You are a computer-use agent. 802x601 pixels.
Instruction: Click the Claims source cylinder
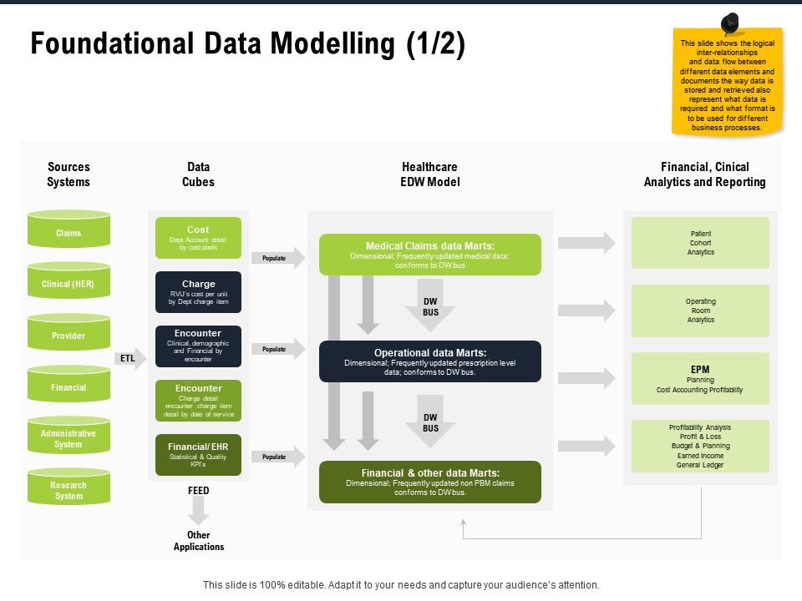[x=69, y=230]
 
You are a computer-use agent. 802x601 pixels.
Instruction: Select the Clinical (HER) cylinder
[x=69, y=283]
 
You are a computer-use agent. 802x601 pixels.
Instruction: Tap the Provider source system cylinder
[x=69, y=335]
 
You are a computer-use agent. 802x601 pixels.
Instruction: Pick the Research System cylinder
[x=69, y=490]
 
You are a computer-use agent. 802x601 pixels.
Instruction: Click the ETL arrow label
[x=128, y=358]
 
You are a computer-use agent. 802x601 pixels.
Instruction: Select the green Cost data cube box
[x=198, y=238]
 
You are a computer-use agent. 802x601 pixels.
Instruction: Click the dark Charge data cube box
[x=198, y=292]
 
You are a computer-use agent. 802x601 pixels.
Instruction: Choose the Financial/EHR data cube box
[x=198, y=455]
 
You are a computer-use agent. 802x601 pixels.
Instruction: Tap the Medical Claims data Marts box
[x=429, y=255]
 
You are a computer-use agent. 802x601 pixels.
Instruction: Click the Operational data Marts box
[x=429, y=361]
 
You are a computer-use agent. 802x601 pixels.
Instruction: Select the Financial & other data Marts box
[x=429, y=482]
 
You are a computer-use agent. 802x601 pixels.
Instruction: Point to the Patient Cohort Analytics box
[x=700, y=243]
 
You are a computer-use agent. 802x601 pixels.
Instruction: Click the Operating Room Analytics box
[x=700, y=311]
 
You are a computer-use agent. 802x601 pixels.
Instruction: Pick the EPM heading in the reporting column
[x=700, y=369]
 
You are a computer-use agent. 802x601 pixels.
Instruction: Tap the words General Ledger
[x=700, y=465]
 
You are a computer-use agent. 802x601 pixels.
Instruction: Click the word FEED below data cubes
[x=199, y=491]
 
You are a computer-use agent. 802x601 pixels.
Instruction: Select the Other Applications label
[x=199, y=541]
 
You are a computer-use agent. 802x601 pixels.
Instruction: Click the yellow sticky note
[x=727, y=83]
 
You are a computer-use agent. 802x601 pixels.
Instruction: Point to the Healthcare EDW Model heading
[x=429, y=174]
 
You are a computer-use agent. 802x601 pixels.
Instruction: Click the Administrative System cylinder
[x=69, y=438]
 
